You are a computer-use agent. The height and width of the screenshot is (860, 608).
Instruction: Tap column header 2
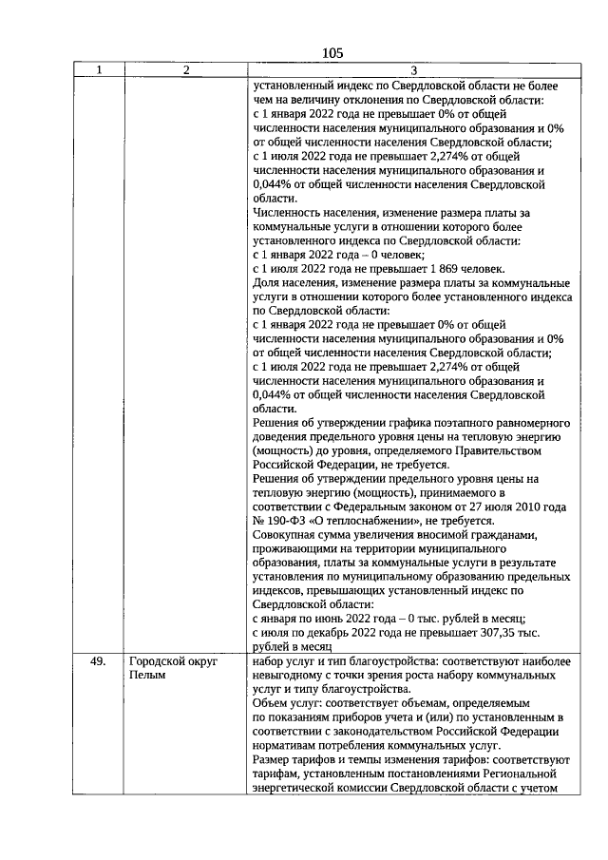[185, 70]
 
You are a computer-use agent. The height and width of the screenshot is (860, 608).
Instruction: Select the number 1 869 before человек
[436, 269]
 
